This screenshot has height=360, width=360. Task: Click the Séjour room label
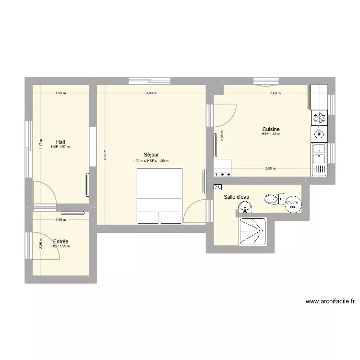pos(151,155)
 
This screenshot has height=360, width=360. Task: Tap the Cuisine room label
pos(271,129)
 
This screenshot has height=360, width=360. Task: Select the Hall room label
pos(60,142)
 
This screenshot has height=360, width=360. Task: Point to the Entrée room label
pos(60,241)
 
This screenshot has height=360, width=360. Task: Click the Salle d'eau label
pos(236,197)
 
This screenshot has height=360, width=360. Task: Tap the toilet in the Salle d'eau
pos(274,198)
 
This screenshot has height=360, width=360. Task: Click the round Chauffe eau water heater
pos(292,204)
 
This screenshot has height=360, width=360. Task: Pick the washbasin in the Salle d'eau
pos(245,207)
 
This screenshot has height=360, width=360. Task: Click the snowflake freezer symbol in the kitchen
pos(318,118)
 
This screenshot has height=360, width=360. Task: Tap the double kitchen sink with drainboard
pos(319,159)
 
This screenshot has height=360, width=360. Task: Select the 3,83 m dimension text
pos(152,93)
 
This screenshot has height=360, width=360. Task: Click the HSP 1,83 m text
pos(271,134)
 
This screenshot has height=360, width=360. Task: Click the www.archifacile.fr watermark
pos(330,302)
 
